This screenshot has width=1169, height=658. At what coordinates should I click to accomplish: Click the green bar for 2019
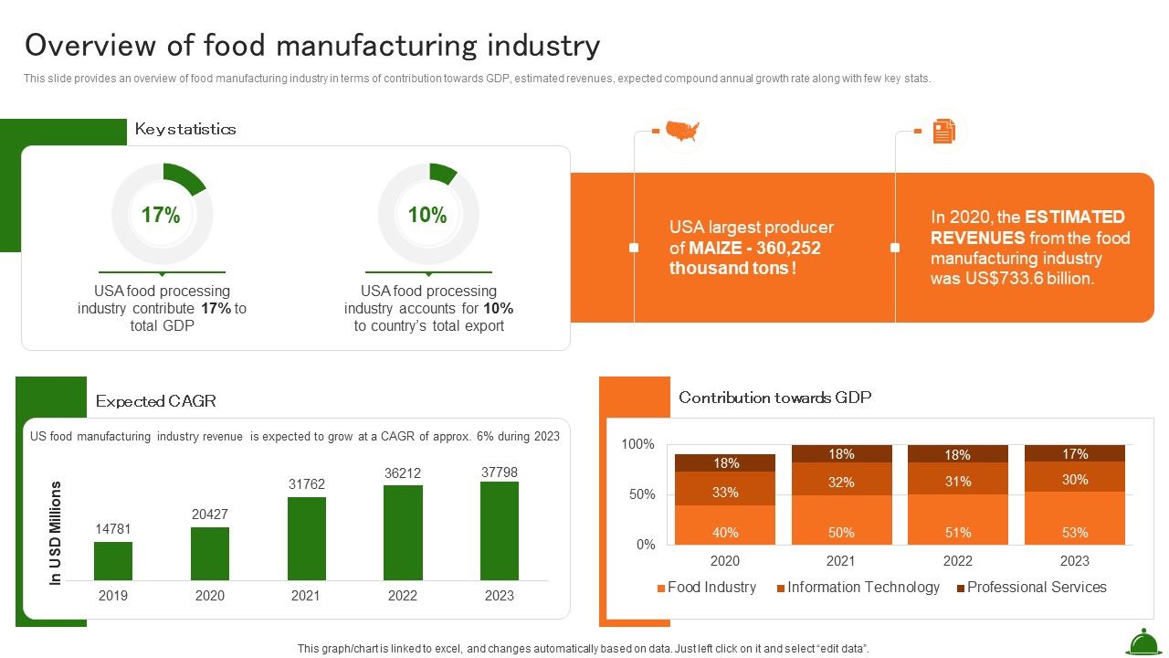pyautogui.click(x=113, y=561)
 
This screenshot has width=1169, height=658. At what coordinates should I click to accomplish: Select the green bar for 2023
pyautogui.click(x=500, y=531)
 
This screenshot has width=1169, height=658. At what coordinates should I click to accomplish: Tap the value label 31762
pyautogui.click(x=307, y=484)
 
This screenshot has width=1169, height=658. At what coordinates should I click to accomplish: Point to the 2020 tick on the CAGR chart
pyautogui.click(x=209, y=596)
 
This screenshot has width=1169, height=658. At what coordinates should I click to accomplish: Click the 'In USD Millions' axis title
pyautogui.click(x=56, y=533)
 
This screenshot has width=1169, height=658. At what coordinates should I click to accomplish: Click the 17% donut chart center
pyautogui.click(x=161, y=216)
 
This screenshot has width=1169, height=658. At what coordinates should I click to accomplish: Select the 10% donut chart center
pyautogui.click(x=427, y=216)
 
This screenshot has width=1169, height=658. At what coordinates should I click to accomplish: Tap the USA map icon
pyautogui.click(x=682, y=132)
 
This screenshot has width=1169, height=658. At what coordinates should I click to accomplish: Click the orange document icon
pyautogui.click(x=943, y=132)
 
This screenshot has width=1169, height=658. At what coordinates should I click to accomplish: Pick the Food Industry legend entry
pyautogui.click(x=706, y=588)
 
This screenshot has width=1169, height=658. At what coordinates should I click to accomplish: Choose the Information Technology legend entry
pyautogui.click(x=858, y=588)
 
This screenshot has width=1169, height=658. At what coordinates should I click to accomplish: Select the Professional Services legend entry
pyautogui.click(x=1031, y=588)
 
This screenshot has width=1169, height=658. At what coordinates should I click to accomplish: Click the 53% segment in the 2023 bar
pyautogui.click(x=1075, y=519)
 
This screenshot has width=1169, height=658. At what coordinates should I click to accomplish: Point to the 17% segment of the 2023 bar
pyautogui.click(x=1075, y=453)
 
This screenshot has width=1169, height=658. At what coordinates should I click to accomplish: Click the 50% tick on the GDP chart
pyautogui.click(x=638, y=494)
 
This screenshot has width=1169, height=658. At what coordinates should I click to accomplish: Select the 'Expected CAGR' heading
pyautogui.click(x=156, y=401)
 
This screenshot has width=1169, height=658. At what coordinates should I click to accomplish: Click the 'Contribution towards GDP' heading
pyautogui.click(x=774, y=398)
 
